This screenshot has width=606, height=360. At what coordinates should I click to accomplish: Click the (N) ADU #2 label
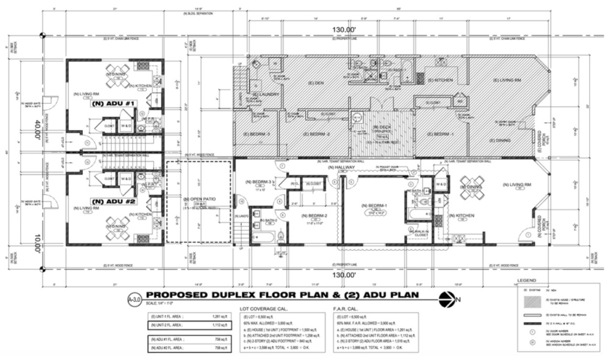(111, 200)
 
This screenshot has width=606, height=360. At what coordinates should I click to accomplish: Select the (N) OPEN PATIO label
(199, 198)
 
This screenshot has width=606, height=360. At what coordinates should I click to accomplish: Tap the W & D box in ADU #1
(126, 126)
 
